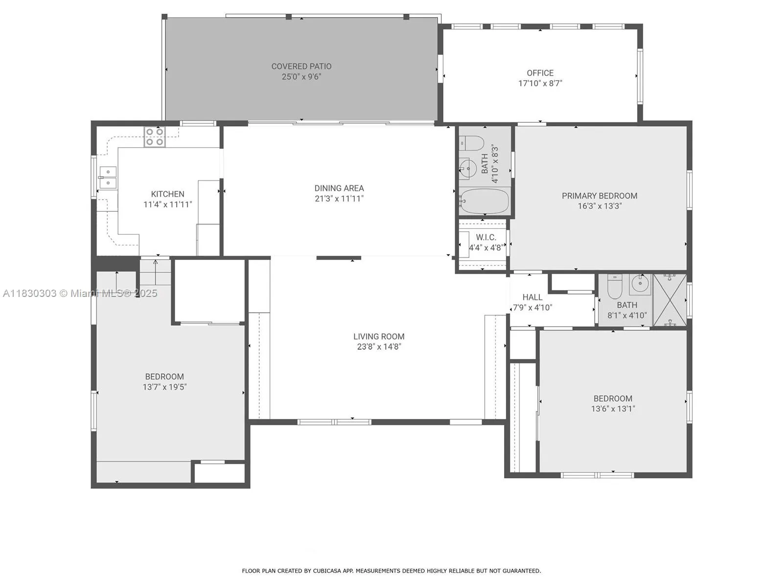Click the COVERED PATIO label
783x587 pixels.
[301, 66]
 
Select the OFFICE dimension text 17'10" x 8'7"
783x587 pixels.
[540, 84]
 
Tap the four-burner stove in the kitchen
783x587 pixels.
[155, 137]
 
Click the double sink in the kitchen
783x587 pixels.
[108, 178]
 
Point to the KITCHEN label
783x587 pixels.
[167, 194]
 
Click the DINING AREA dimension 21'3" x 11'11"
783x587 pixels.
[339, 199]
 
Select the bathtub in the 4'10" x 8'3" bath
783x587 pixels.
[484, 201]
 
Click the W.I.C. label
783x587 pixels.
[486, 237]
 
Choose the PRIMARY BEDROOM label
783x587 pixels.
[599, 196]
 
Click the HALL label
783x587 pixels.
[532, 297]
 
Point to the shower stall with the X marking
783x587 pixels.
[670, 300]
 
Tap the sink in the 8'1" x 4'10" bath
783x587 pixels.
[640, 283]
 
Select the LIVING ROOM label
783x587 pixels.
[379, 337]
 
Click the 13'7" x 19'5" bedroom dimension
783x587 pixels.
[164, 387]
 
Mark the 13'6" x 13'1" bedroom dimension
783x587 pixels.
[613, 409]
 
